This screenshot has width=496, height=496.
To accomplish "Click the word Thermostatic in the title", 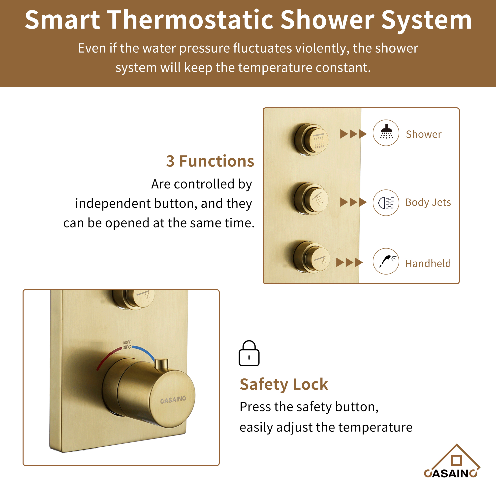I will (x=190, y=20).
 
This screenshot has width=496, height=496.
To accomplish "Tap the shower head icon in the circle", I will (x=386, y=133).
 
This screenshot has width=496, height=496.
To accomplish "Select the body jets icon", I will (x=386, y=203).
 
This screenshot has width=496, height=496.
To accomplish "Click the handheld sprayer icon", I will (x=386, y=261).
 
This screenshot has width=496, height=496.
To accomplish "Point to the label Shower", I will (x=424, y=134).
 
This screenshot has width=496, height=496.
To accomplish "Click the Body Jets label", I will (x=428, y=202).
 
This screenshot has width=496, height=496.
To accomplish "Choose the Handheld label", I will (x=428, y=263).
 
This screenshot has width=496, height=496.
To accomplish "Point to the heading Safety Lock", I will (x=284, y=384).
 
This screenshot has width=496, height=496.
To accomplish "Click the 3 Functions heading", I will (x=210, y=161).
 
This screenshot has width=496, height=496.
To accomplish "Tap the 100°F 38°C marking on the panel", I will (x=126, y=345).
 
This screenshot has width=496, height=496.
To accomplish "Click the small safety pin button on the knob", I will (x=161, y=364).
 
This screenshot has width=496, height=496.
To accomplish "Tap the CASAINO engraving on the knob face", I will (x=173, y=400).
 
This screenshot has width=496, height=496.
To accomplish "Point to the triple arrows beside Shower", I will (x=353, y=134).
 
